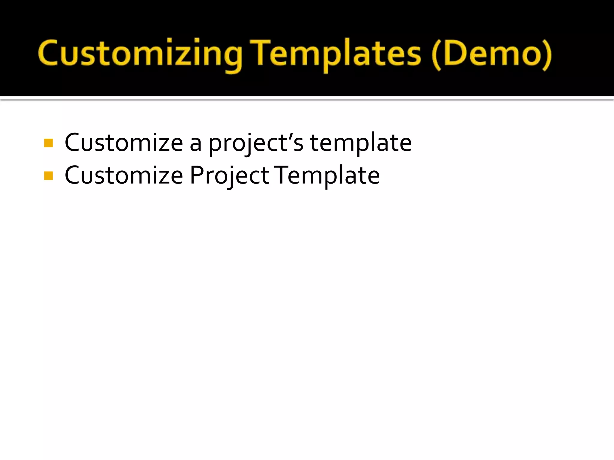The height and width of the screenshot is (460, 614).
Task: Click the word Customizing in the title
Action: pos(140,54)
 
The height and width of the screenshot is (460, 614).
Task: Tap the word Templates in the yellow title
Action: pos(336,54)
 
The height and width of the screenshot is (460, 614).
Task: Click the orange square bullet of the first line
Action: pos(48,143)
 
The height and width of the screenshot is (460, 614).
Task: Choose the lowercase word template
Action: pos(361,143)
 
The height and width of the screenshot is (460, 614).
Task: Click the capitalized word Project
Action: pos(229,176)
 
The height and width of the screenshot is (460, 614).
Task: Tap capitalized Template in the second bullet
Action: pos(327,176)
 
